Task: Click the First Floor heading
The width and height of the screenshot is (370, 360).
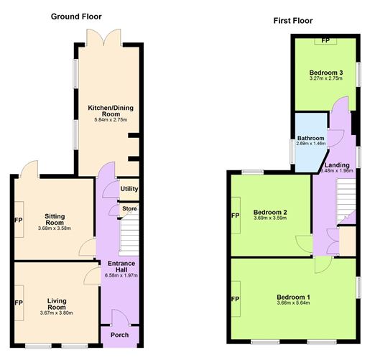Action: pos(293,21)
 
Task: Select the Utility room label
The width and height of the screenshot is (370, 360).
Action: pos(129,189)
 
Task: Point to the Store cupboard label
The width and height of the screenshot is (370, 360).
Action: pos(129,209)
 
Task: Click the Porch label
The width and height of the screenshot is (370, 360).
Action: pos(119,336)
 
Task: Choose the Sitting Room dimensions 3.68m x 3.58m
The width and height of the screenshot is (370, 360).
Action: pos(55,229)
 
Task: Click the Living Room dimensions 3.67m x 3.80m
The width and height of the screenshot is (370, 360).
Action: pos(56,313)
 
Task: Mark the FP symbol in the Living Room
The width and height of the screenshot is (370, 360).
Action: pos(19,304)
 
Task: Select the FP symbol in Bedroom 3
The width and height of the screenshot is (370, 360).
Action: pos(325,40)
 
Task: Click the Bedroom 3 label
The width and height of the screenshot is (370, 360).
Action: pos(326,73)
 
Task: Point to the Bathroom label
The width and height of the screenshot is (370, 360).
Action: pos(310,138)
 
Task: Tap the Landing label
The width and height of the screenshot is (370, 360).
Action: pos(337,165)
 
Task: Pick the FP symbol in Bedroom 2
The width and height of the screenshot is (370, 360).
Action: pos(235,216)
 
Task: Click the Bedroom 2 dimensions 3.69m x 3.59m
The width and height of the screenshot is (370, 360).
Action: pos(270,218)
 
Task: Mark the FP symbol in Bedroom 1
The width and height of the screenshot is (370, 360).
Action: pos(235,297)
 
